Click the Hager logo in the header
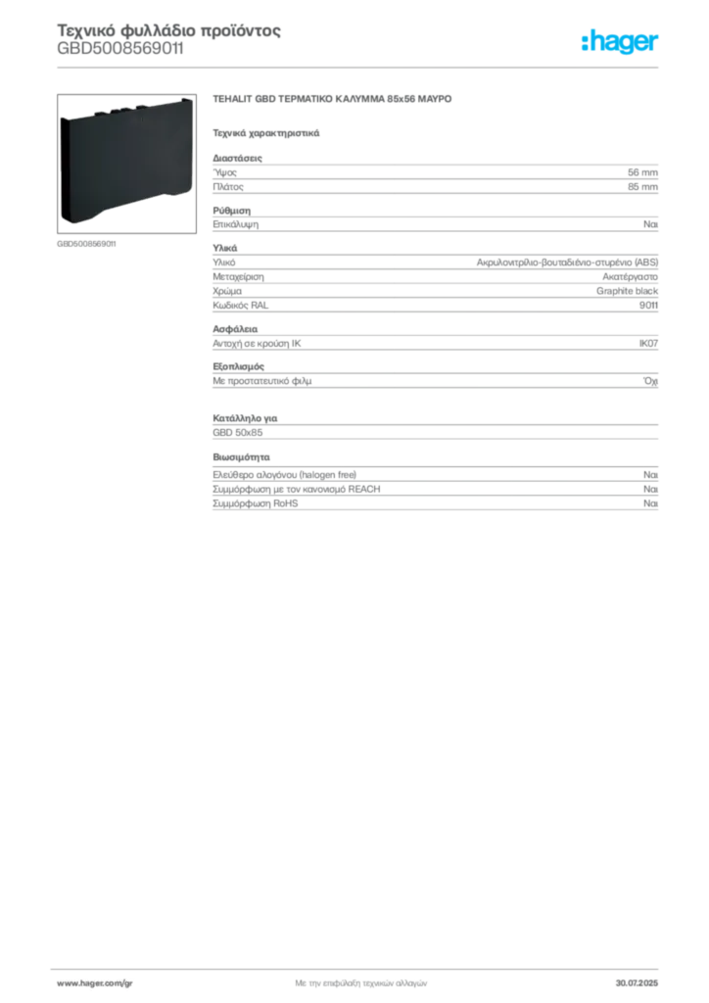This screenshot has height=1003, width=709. pos(620,42)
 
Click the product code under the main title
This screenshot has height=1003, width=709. pos(120,49)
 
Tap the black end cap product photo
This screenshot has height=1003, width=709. pos(126,164)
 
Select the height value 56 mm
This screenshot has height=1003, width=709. pos(642,172)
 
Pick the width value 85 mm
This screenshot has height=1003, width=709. pos(642,187)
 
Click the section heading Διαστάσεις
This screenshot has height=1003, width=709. pos(237,158)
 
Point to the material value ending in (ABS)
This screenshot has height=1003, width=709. pos(567,263)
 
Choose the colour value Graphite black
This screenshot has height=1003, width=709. pos(627,291)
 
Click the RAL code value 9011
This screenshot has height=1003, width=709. pos(648,306)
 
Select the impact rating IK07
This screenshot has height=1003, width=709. pos(648,344)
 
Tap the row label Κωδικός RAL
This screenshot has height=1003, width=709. pos(240,306)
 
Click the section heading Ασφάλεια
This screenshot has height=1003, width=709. pos(235,329)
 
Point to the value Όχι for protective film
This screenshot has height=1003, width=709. pos(650,381)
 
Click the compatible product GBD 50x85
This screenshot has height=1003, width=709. pos(238,432)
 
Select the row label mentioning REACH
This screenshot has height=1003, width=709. pos(297,490)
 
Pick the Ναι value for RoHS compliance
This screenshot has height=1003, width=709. pos(650,503)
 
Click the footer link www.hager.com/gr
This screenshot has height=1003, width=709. pos(95,983)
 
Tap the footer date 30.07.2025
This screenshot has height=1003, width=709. pos(637,983)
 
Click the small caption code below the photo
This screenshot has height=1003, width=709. pos(86,244)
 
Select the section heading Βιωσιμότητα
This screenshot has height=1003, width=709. pos(241,457)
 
